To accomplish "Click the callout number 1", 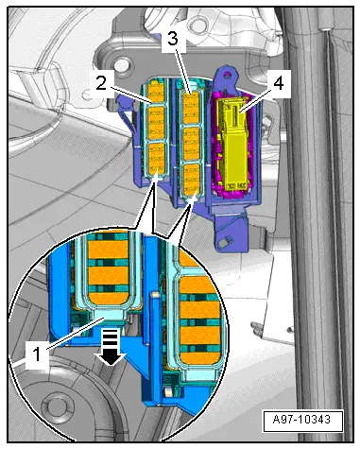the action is coord(37,354).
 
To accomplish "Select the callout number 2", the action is coord(101,83).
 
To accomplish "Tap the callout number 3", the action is coord(173,39).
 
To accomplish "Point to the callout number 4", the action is coord(279,84).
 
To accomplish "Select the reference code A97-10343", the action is coord(302,420).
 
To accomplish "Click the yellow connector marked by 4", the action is coord(233,144).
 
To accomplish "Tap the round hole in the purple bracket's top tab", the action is coord(226,75).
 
